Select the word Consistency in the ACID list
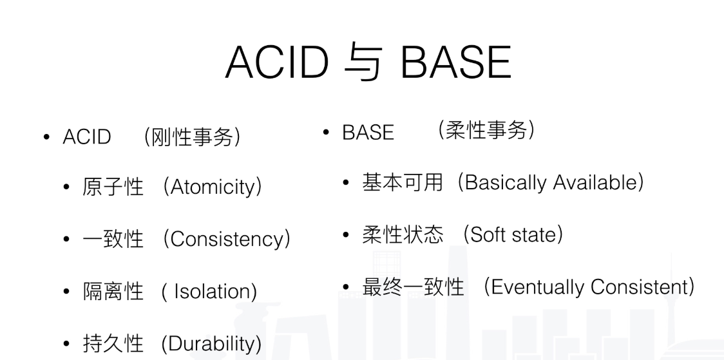[x=226, y=240]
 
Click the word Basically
[x=504, y=183]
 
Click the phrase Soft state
[x=512, y=234]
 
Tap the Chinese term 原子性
[x=113, y=189]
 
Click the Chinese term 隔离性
[x=113, y=292]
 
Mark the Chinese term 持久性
[x=113, y=343]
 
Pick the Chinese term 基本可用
[x=402, y=183]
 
